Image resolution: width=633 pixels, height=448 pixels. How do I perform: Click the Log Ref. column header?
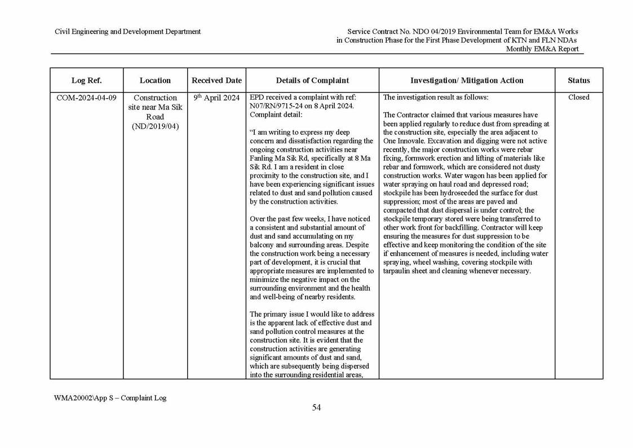(x=86, y=80)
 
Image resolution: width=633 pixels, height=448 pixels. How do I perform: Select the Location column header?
(x=155, y=80)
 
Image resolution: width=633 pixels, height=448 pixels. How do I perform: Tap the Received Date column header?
(x=216, y=80)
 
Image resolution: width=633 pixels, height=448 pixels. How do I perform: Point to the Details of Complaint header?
(x=312, y=80)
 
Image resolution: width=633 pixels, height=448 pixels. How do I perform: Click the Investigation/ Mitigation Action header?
(x=467, y=80)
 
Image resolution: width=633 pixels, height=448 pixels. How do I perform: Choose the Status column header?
(x=578, y=80)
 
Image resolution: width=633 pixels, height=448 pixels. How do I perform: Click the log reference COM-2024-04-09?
(x=86, y=98)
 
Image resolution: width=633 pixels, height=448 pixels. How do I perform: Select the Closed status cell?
(x=578, y=98)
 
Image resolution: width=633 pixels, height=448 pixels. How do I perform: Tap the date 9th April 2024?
(x=216, y=98)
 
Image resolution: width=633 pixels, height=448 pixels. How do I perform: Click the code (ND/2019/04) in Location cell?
(x=155, y=126)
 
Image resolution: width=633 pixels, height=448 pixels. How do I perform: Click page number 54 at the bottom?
(x=316, y=408)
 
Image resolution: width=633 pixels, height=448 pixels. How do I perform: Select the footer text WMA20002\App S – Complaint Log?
(x=110, y=397)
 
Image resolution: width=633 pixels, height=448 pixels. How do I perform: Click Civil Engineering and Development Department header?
(x=127, y=32)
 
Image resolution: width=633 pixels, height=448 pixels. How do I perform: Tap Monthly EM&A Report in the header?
(x=542, y=49)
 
